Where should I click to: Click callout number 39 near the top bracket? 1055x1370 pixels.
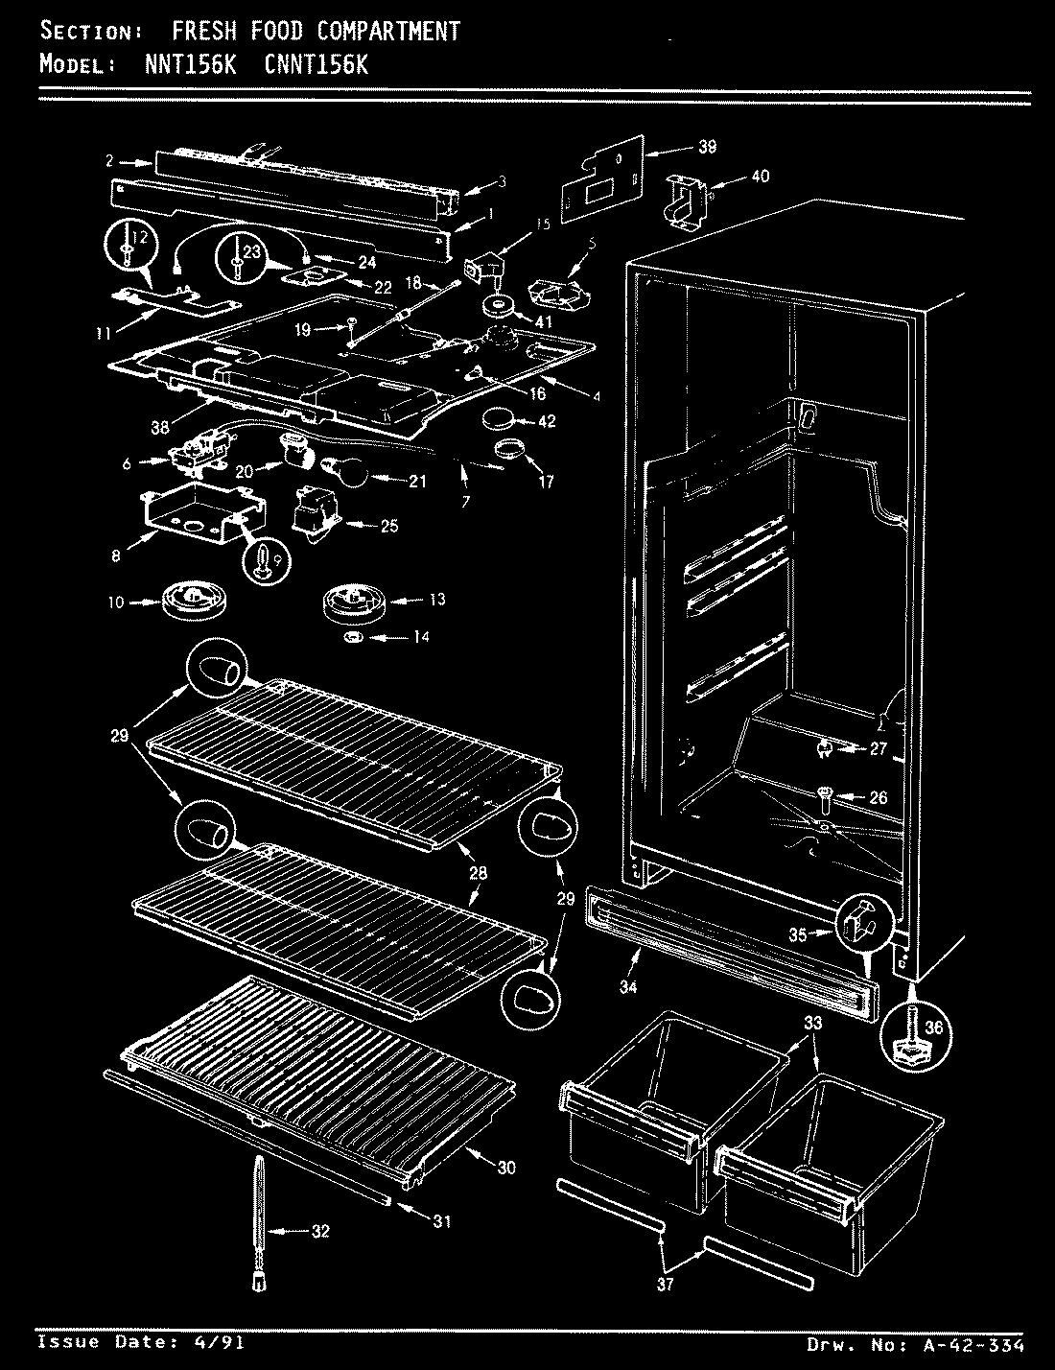pos(708,147)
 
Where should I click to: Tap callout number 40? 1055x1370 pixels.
pos(760,177)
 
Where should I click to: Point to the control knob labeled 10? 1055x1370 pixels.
pos(187,602)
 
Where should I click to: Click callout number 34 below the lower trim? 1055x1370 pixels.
pos(628,984)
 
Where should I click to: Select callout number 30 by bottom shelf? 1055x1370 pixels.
pos(506,1168)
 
